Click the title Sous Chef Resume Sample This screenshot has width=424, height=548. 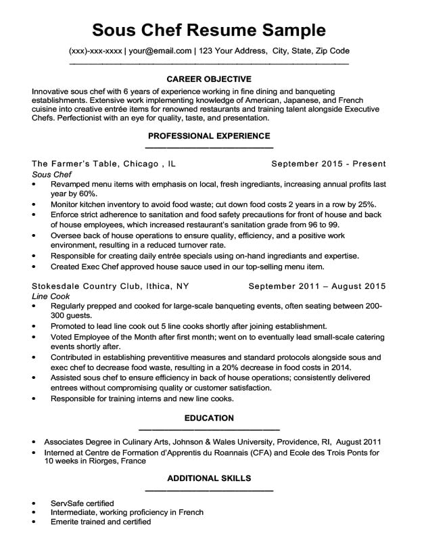tap(209, 30)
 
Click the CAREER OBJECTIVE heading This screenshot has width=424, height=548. tap(209, 78)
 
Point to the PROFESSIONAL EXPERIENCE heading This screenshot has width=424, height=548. tap(209, 136)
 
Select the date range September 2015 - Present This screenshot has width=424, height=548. tap(329, 164)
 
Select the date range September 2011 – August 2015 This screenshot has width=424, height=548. tap(317, 286)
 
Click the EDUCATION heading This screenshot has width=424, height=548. tap(209, 418)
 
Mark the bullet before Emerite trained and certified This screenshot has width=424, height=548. tap(34, 522)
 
